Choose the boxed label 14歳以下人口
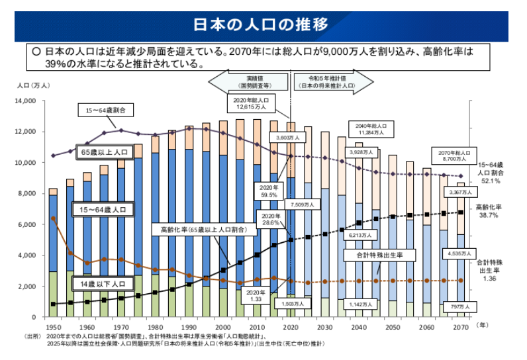point(101,285)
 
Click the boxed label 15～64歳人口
point(104,210)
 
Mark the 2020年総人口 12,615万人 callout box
point(251,103)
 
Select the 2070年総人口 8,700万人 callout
point(454,156)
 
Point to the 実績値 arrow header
point(248,81)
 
